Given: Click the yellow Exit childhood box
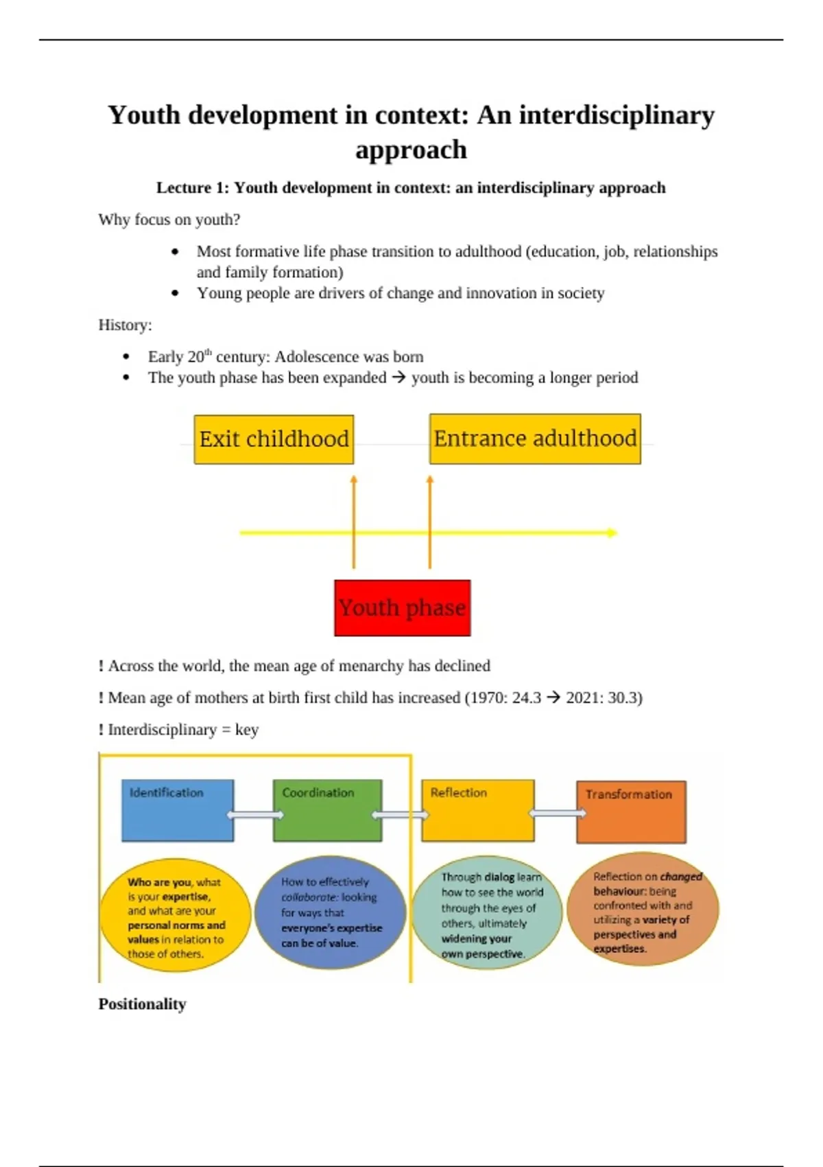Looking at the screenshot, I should click(274, 439).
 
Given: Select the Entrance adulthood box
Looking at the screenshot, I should click(535, 439).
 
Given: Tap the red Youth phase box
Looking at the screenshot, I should click(402, 608).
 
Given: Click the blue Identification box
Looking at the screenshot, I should click(178, 810).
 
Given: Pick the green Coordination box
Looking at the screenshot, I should click(327, 810).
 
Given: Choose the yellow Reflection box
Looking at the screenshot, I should click(477, 810).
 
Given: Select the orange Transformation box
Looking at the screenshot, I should click(631, 811).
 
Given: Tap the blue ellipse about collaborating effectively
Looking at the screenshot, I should click(330, 912).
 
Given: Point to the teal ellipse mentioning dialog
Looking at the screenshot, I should click(487, 914).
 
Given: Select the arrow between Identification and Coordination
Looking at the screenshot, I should click(255, 815).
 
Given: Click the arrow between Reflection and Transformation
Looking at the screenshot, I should click(558, 813).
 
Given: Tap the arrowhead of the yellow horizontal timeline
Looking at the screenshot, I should click(612, 533).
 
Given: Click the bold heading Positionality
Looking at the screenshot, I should click(142, 1004).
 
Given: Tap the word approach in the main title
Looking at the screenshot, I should click(411, 150).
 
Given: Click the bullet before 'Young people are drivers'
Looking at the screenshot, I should click(176, 293).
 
